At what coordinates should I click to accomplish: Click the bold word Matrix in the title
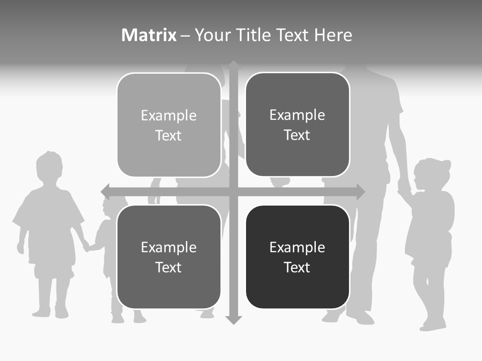[x=149, y=35]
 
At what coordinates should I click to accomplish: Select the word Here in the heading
[x=333, y=35]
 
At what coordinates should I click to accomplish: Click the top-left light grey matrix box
[x=169, y=125]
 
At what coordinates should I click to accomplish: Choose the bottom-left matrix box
[x=169, y=257]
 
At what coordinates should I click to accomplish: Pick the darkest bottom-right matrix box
[x=297, y=257]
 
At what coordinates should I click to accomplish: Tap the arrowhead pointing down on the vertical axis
[x=233, y=319]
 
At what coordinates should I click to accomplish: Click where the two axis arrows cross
[x=233, y=192]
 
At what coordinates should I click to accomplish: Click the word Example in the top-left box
[x=169, y=116]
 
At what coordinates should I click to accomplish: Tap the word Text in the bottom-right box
[x=297, y=267]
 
